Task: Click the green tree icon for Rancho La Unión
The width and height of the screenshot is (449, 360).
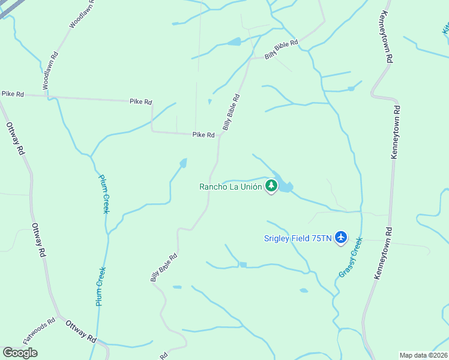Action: (271, 186)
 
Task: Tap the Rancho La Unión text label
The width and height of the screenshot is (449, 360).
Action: (231, 187)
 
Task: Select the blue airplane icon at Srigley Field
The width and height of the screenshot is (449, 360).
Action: (341, 238)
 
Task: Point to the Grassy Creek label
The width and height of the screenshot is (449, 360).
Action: (350, 257)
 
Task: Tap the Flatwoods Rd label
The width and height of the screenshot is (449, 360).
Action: (39, 331)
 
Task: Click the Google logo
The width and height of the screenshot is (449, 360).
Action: (20, 353)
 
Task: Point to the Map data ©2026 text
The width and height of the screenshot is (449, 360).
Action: (423, 355)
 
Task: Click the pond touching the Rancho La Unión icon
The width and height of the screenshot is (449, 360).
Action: (286, 187)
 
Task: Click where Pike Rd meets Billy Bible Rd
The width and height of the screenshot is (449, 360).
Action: (220, 135)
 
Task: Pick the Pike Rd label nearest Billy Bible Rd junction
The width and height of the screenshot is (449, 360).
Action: (203, 135)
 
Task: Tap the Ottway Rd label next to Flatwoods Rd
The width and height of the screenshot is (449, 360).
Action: (80, 331)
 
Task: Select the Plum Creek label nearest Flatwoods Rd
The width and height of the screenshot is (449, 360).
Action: (101, 287)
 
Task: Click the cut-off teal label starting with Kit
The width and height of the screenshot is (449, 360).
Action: (445, 28)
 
